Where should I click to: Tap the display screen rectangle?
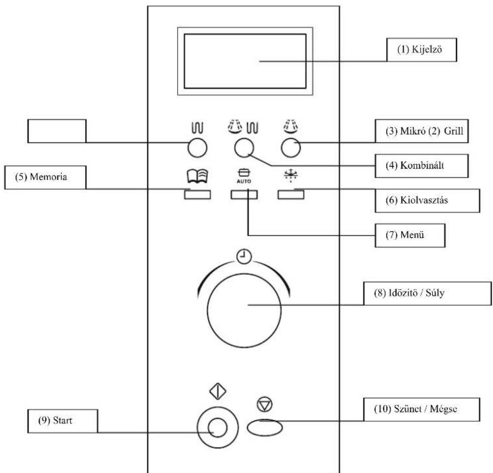pos(244,61)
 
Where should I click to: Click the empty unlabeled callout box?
pos(56,132)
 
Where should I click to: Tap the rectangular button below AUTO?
pos(244,195)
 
